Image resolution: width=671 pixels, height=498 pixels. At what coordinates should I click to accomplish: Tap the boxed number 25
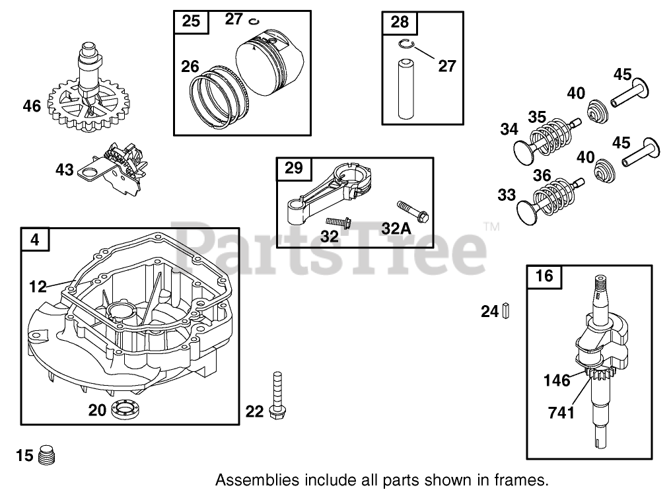pos(190,21)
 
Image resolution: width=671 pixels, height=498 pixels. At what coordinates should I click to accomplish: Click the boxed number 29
pos(293,168)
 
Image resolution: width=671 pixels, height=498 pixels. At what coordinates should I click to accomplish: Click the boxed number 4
pos(35,239)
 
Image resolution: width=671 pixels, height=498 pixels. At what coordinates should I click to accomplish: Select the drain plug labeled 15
pos(47,455)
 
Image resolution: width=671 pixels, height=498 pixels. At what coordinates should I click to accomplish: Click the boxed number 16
pos(544,276)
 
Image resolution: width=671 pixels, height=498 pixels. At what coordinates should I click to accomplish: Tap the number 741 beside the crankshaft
pos(561,413)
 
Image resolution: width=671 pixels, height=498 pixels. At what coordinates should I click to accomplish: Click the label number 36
pos(541,176)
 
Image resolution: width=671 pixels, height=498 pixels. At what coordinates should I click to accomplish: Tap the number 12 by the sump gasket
pos(38,285)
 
